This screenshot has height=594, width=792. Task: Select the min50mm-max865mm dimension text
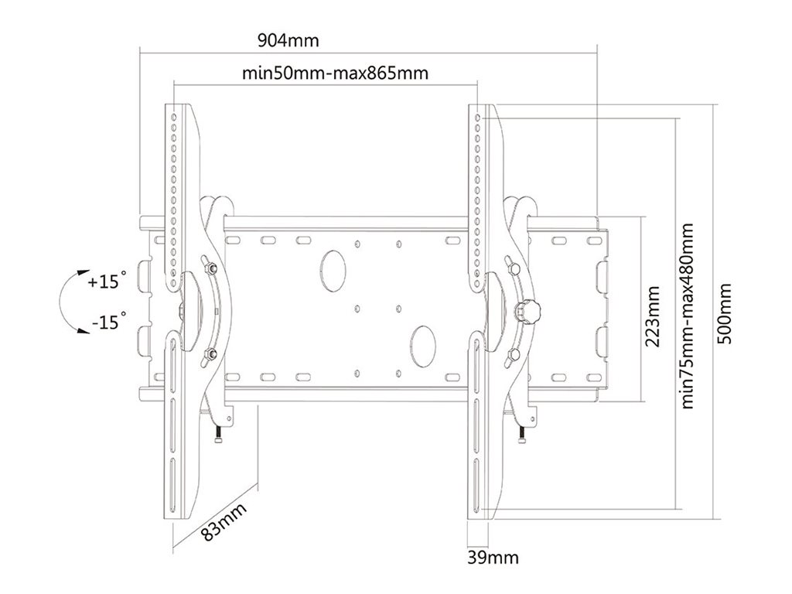335,74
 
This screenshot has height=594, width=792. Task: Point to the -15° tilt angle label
106,321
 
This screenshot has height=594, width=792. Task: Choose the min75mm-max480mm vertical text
687,315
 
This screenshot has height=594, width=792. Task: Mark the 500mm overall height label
725,315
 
